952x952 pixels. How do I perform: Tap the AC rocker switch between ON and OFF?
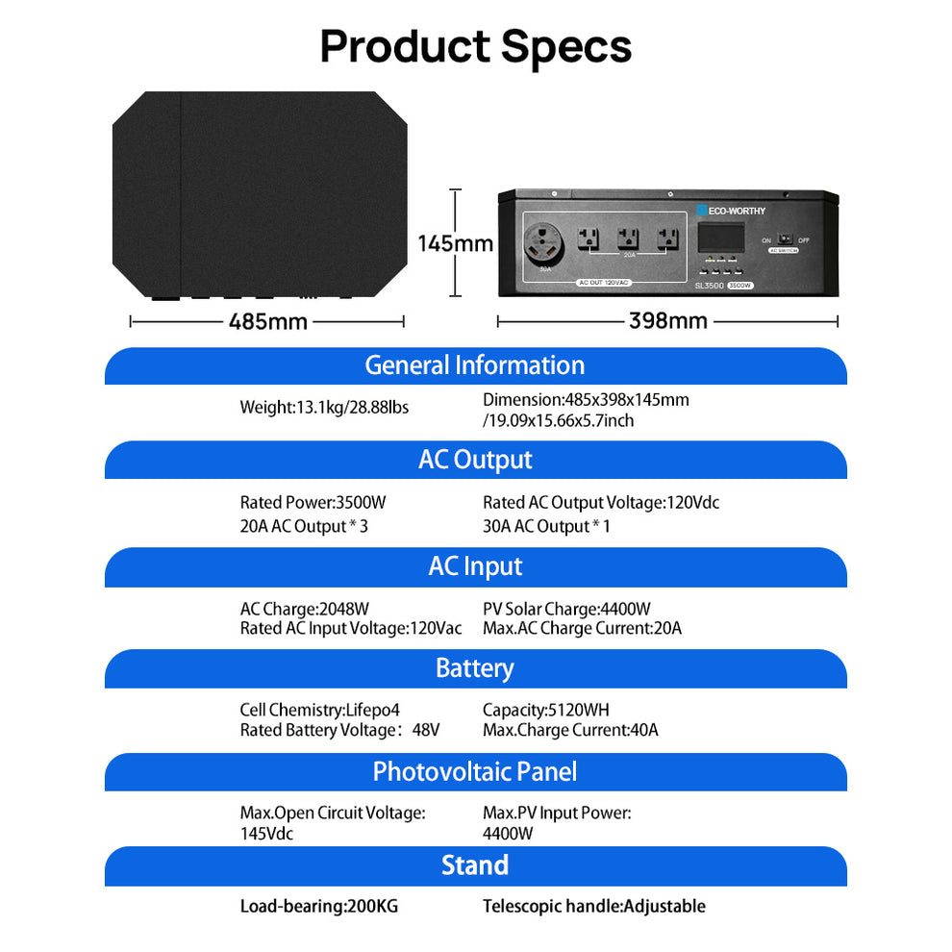tap(784, 239)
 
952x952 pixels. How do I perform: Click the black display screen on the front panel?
tap(719, 238)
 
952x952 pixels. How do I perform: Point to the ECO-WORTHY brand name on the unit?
tap(737, 210)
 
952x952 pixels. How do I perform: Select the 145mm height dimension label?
tap(455, 243)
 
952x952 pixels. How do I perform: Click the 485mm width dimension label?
tap(268, 321)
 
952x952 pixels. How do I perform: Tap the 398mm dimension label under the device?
tap(667, 320)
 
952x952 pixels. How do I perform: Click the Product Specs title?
tap(475, 46)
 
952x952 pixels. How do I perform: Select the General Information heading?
tap(475, 365)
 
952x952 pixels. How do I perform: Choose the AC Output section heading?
tap(475, 460)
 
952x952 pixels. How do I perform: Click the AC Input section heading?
tap(475, 566)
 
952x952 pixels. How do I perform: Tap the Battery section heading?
tap(475, 668)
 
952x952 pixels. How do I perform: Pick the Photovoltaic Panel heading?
tap(475, 771)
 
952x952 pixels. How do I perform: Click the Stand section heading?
tap(475, 865)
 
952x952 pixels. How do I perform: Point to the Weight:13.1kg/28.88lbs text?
tap(324, 408)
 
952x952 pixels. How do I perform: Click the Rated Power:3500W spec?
tap(313, 502)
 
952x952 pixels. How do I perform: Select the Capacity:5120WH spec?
tap(546, 710)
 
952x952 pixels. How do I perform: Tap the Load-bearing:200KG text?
tap(318, 906)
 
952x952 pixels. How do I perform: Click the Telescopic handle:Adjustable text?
tap(593, 906)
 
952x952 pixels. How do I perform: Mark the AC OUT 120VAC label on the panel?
tap(603, 283)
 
